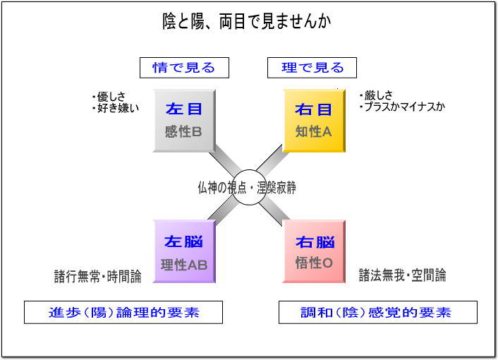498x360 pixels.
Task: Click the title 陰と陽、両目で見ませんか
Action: (247, 21)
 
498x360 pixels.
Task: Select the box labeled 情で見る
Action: (184, 68)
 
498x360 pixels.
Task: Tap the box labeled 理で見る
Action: (312, 68)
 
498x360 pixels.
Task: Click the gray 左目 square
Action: (184, 121)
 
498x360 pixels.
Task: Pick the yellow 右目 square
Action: (314, 121)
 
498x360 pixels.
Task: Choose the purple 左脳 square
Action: (184, 251)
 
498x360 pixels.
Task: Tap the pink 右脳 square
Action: (314, 251)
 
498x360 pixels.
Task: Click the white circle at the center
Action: (249, 187)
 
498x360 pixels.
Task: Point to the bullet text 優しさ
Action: (109, 96)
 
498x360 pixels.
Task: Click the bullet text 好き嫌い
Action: (116, 108)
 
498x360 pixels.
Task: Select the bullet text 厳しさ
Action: (377, 95)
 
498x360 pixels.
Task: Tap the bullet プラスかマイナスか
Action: (402, 107)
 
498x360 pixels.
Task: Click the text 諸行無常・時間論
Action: (98, 276)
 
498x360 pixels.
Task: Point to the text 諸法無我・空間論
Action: (402, 275)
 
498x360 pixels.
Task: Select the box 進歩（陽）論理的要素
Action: (123, 312)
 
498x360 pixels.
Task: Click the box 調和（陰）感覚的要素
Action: (378, 312)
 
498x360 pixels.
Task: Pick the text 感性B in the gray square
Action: (183, 131)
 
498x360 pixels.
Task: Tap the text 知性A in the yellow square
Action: (313, 131)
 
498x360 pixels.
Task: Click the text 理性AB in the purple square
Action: (184, 265)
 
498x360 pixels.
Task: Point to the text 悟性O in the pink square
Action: (314, 263)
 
